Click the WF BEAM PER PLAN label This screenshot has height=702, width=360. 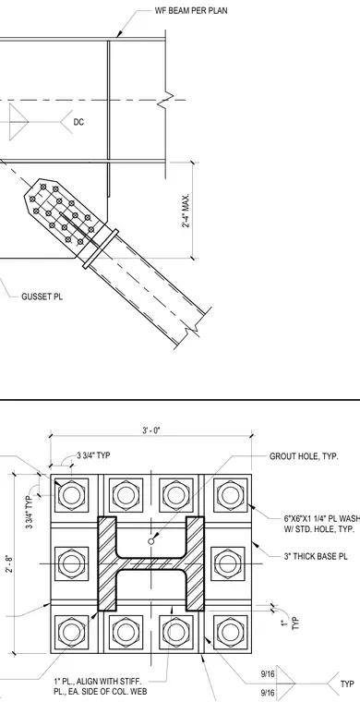(191, 11)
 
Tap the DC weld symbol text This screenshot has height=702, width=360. (78, 122)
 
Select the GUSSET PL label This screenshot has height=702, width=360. (42, 297)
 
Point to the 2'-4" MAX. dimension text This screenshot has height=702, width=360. (186, 211)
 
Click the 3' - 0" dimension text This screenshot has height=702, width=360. (151, 430)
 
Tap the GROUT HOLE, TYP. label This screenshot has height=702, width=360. (304, 456)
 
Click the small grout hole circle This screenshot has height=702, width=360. (151, 541)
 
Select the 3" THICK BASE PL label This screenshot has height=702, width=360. (316, 556)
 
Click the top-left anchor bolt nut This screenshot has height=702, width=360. (71, 495)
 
